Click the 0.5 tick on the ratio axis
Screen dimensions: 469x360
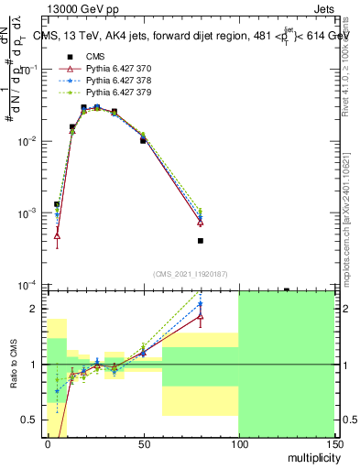[x=33, y=420]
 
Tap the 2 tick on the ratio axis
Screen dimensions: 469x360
[x=38, y=309]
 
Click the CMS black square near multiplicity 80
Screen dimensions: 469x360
[x=200, y=241]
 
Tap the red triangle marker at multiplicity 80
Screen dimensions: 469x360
[x=200, y=222]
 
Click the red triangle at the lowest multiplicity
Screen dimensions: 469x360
[x=57, y=235]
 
